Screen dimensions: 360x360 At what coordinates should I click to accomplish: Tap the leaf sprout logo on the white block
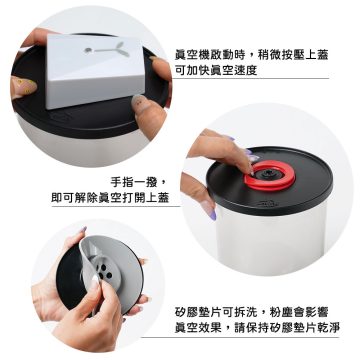(x=107, y=50)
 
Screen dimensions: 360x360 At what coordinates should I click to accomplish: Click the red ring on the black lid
(x=270, y=175)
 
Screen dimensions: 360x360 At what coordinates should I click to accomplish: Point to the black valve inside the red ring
(x=268, y=173)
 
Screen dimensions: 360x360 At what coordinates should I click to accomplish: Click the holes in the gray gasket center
(x=104, y=270)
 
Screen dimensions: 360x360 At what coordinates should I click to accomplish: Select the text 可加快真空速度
(x=216, y=71)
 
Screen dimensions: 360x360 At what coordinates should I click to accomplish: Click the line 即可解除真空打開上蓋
(x=110, y=198)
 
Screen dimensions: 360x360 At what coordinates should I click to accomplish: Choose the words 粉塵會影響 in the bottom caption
(x=299, y=313)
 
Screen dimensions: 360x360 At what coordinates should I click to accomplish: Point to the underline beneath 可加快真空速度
(x=252, y=79)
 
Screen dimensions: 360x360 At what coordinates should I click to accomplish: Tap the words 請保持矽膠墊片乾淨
(x=288, y=328)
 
